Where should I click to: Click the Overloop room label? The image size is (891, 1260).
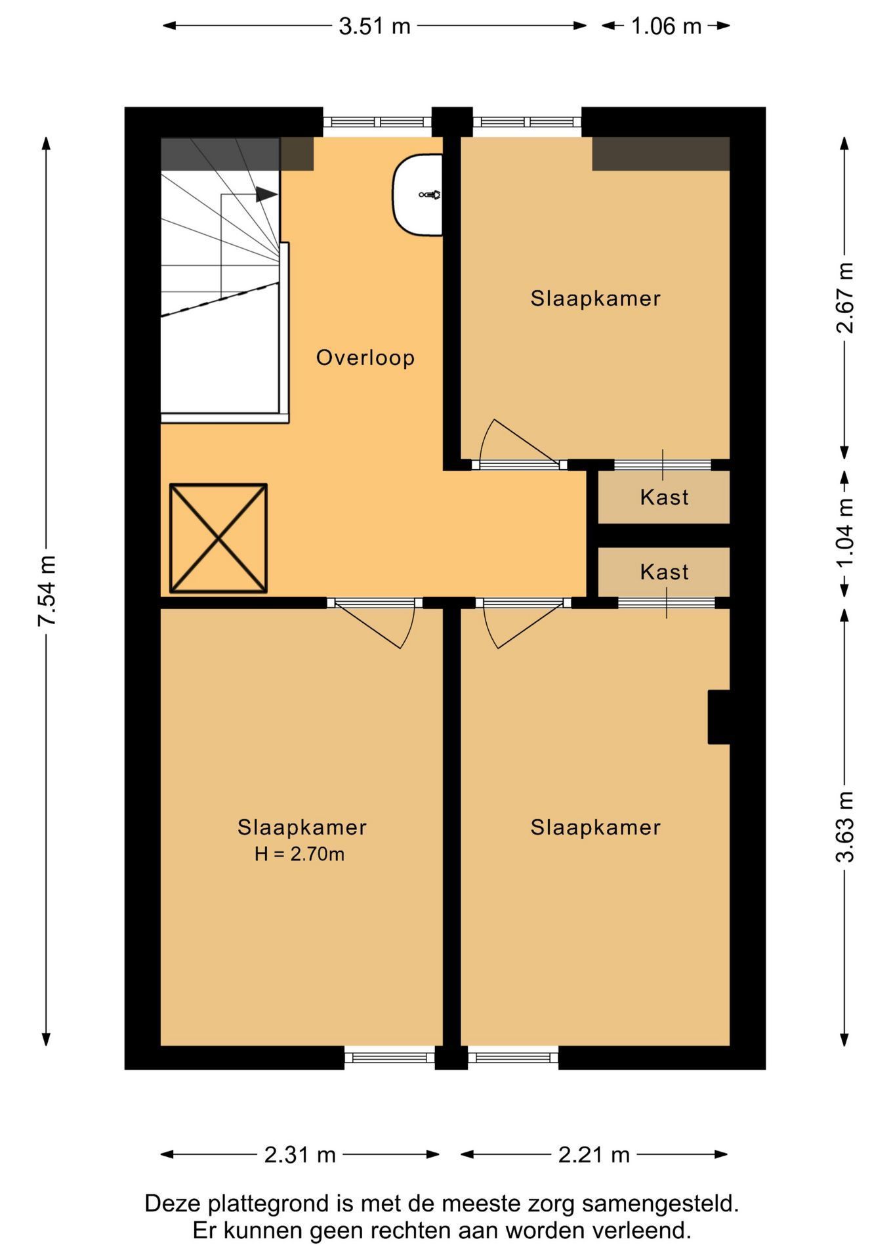365,358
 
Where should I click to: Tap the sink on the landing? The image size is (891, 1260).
417,195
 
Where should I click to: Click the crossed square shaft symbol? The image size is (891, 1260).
218,538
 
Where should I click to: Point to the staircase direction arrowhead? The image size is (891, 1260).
266,194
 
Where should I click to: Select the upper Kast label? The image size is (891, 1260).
665,497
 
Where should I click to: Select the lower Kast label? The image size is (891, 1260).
665,572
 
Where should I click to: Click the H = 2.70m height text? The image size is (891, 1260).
300,854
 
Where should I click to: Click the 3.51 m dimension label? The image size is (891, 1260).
375,26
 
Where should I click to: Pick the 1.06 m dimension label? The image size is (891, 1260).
667,26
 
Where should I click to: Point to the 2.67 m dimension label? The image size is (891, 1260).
845,297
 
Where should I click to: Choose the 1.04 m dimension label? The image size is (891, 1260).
845,534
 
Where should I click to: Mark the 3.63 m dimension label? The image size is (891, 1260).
845,826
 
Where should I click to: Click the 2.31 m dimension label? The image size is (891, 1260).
300,1154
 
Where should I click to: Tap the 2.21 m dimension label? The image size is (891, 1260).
594,1154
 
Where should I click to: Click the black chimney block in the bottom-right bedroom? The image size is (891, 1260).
719,717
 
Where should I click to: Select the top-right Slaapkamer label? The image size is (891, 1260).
596,299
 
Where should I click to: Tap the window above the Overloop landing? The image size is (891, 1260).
377,122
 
